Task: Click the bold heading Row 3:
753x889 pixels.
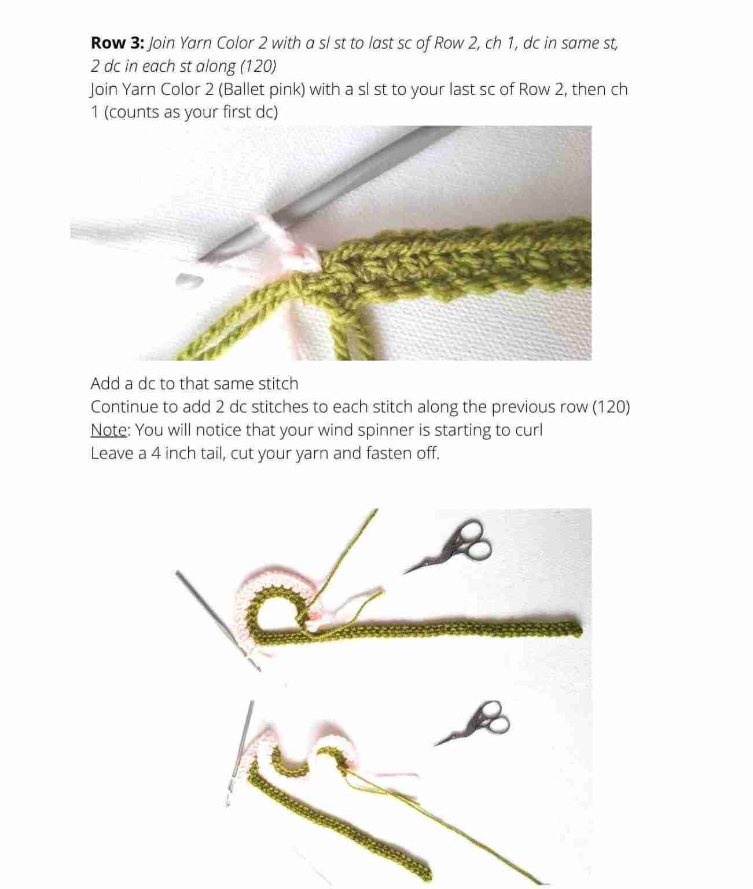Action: tap(117, 43)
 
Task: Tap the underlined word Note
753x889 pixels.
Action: tap(109, 430)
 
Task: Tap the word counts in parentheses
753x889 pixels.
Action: tap(135, 112)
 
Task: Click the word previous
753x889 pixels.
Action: tap(523, 407)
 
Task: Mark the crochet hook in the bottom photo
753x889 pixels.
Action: tap(240, 752)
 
